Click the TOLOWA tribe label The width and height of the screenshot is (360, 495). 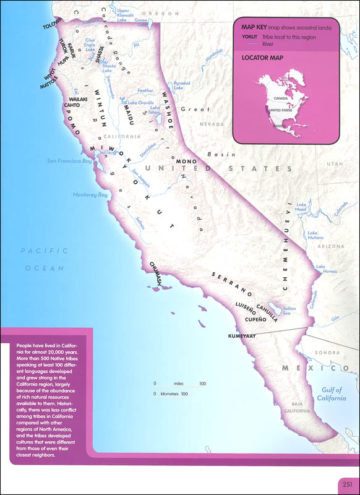coord(53,27)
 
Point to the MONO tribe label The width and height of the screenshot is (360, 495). coord(186,161)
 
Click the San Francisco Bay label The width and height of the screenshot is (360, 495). coord(69,161)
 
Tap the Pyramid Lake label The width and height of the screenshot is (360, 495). coord(182,85)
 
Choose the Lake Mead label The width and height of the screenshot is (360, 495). coord(301,207)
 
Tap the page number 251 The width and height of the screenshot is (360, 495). coord(346,484)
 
